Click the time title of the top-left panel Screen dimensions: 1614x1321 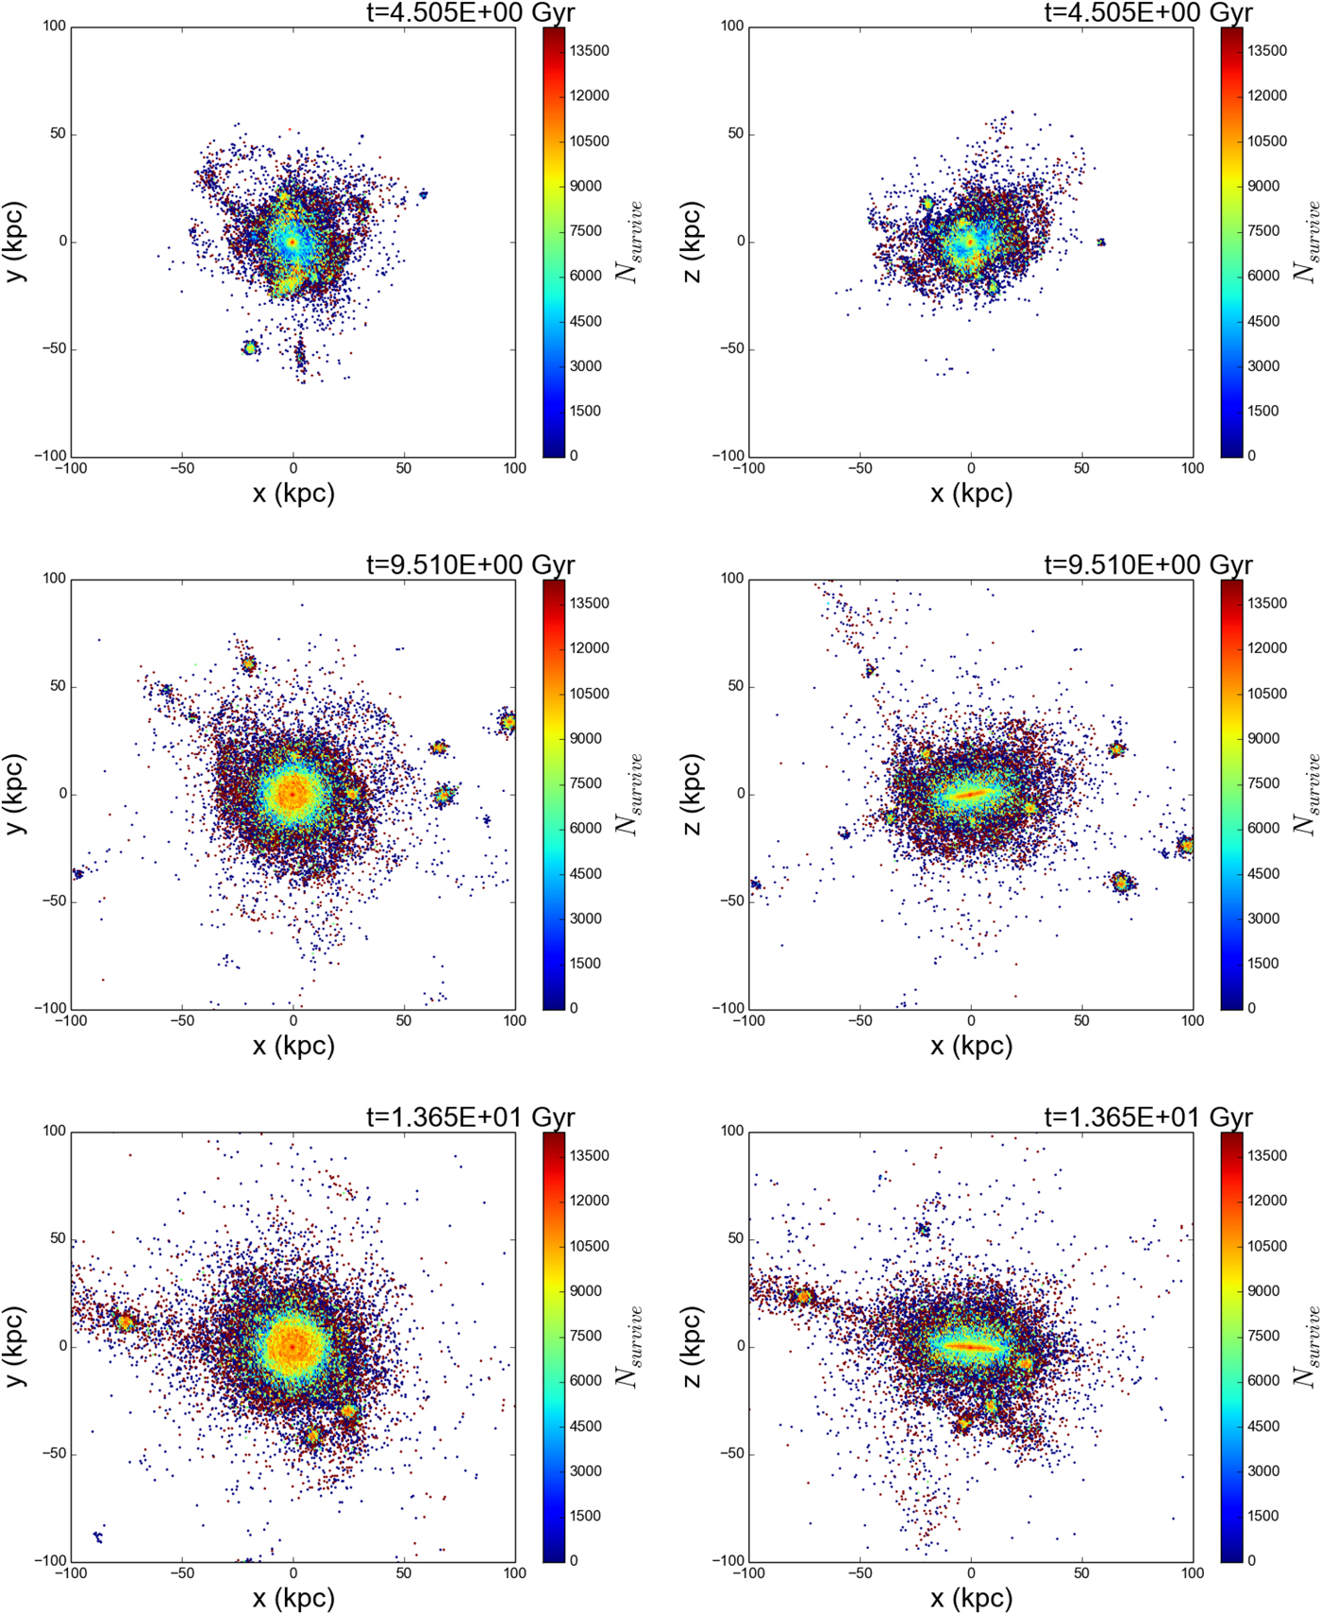click(x=470, y=12)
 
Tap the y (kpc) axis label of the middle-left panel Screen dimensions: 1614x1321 click(x=15, y=794)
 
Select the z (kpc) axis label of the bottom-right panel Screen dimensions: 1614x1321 click(x=693, y=1346)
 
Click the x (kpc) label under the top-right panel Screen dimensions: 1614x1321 click(x=971, y=493)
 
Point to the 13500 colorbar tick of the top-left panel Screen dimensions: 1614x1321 click(x=589, y=51)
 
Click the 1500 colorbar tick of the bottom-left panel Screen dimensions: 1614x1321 click(x=584, y=1516)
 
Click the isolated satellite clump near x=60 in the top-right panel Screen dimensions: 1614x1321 click(x=1101, y=243)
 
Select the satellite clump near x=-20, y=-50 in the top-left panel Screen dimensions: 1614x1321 click(x=250, y=348)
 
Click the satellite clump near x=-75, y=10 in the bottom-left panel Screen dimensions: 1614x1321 click(x=125, y=1322)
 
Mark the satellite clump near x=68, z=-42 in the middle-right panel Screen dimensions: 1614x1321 click(x=1121, y=883)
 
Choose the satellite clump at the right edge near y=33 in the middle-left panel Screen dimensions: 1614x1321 click(x=508, y=723)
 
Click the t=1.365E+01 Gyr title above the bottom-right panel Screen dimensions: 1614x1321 click(x=1147, y=1118)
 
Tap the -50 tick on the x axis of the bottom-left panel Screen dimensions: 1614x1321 click(x=182, y=1573)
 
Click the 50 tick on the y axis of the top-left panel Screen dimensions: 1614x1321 click(x=59, y=134)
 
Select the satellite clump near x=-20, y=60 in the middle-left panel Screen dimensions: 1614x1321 click(x=248, y=664)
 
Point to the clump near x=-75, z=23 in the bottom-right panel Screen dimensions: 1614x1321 click(x=803, y=1297)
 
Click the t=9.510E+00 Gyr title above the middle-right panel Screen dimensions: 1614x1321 click(x=1147, y=565)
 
